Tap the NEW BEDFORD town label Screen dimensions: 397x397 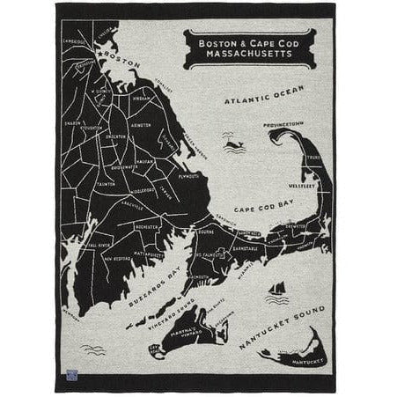pos(117,259)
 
